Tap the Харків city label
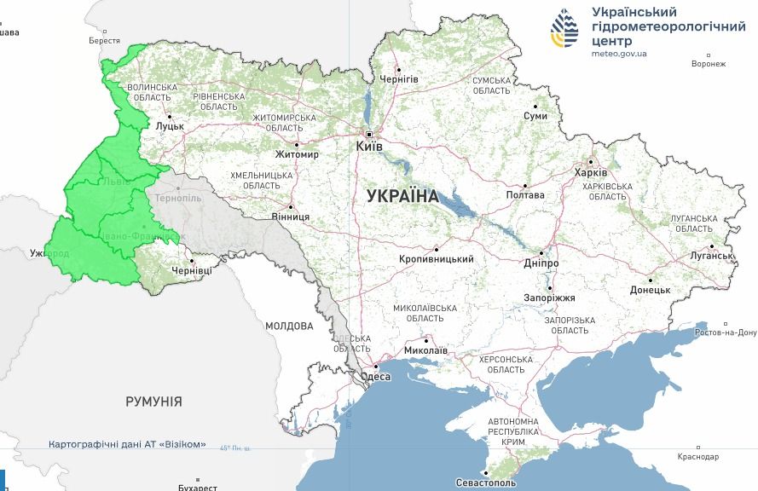pyautogui.click(x=591, y=172)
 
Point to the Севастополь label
pyautogui.click(x=486, y=482)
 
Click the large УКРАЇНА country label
pyautogui.click(x=402, y=195)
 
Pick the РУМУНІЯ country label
pyautogui.click(x=153, y=401)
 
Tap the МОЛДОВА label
pyautogui.click(x=289, y=326)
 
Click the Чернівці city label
pyautogui.click(x=192, y=270)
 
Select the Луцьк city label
pyautogui.click(x=170, y=125)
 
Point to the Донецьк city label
pyautogui.click(x=650, y=289)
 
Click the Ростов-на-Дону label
pyautogui.click(x=726, y=332)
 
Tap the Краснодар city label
pyautogui.click(x=698, y=457)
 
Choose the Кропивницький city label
pyautogui.click(x=436, y=259)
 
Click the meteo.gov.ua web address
pyautogui.click(x=619, y=53)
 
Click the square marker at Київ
pyautogui.click(x=369, y=135)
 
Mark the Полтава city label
pyautogui.click(x=525, y=194)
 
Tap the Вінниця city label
pyautogui.click(x=291, y=217)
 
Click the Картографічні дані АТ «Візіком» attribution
pyautogui.click(x=127, y=444)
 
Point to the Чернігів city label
pyautogui.click(x=399, y=78)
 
